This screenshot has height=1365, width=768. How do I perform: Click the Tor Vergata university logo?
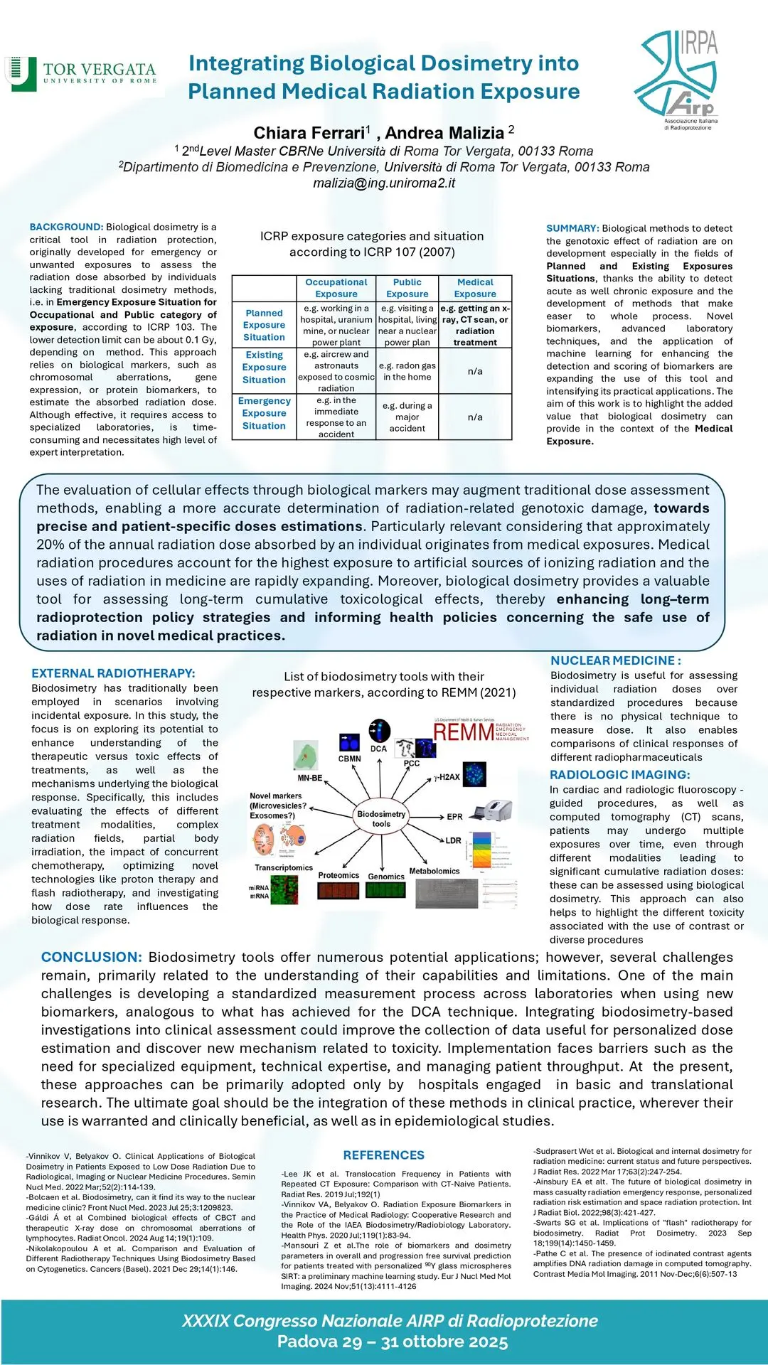80,74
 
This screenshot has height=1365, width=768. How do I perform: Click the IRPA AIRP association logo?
677,78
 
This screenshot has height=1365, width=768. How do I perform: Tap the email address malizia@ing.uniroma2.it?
384,183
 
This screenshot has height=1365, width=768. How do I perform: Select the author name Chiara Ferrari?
309,133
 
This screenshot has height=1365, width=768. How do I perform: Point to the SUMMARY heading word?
572,228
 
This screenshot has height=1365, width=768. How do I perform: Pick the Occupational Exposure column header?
336,288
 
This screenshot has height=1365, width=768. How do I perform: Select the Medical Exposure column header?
475,288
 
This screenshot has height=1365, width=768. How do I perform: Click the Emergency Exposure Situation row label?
264,414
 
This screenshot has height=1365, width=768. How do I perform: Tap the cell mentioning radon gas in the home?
407,371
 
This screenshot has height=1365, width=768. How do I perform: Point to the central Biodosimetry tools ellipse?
381,819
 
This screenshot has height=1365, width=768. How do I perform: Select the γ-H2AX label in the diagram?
447,777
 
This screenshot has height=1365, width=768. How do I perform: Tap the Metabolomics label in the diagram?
434,871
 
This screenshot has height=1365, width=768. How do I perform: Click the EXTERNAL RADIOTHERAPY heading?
113,673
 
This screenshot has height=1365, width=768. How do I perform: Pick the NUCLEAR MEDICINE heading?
616,660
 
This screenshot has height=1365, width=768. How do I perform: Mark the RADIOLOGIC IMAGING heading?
619,775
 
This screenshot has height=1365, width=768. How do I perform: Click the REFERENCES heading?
383,1155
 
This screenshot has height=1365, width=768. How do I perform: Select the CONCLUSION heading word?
91,958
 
